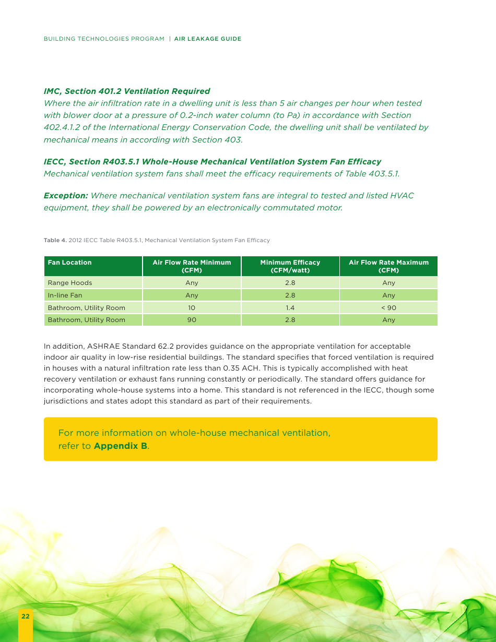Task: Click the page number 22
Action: coord(25,616)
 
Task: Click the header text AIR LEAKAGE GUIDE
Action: coord(207,39)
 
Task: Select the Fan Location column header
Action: coord(69,263)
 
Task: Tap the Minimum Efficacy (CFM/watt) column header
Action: coord(290,266)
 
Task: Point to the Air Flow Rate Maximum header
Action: coord(388,266)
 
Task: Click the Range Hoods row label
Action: coord(69,283)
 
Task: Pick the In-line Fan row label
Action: coord(65,295)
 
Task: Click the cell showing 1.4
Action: coord(290,308)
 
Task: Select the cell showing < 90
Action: coord(388,308)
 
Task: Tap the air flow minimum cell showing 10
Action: coord(192,308)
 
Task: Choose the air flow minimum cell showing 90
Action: coord(192,320)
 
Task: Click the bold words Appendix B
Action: coord(120,446)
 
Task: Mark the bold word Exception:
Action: coord(66,196)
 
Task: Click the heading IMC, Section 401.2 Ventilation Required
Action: coord(127,91)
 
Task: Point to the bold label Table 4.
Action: coord(55,241)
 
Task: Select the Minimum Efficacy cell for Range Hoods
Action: coord(290,283)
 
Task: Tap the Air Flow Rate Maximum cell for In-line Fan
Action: coord(388,295)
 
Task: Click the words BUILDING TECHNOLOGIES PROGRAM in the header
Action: coord(104,39)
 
